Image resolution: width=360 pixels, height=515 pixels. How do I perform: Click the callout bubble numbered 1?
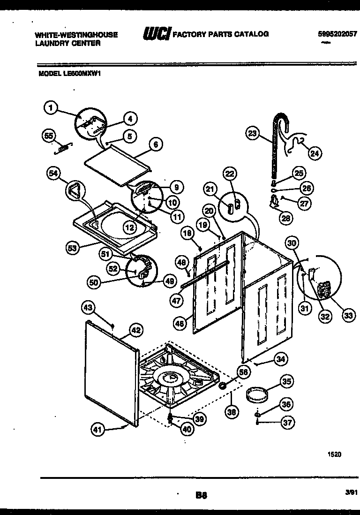point(51,108)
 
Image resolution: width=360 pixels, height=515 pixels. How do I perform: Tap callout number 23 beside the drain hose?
point(252,134)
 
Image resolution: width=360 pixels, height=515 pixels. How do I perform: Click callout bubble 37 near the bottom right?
point(287,423)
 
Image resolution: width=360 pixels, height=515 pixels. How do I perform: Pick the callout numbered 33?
point(347,316)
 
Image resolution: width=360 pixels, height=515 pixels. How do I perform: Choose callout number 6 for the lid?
point(156,145)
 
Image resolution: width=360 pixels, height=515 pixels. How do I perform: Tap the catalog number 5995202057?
point(337,34)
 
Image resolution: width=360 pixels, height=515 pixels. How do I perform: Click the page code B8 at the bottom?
point(201,494)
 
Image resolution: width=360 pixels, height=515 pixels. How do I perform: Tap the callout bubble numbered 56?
point(243,372)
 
